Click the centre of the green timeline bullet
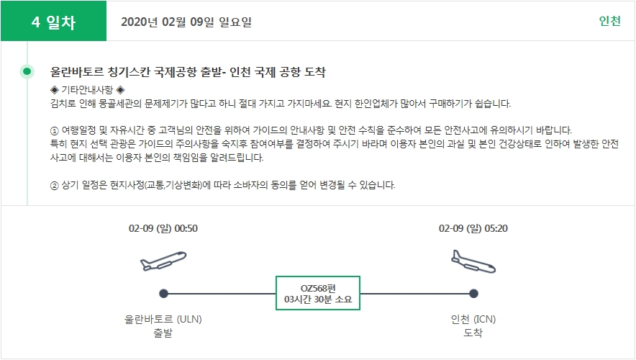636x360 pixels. [27, 72]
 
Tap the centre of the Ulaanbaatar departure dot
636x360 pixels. [163, 294]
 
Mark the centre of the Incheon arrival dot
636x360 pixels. [473, 294]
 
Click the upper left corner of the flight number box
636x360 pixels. [276, 276]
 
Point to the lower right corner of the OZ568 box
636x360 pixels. [360, 310]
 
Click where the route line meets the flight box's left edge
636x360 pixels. [276, 294]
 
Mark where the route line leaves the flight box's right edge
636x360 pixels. [360, 294]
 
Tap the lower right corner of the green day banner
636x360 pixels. [106, 40]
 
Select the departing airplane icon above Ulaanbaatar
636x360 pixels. [163, 261]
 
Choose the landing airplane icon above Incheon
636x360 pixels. [473, 262]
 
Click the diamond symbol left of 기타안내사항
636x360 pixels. [55, 90]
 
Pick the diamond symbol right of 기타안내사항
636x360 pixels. [120, 90]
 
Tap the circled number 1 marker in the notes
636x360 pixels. [55, 131]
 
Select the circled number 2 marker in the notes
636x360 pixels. [55, 186]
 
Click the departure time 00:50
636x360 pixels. [186, 228]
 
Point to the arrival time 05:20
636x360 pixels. [496, 228]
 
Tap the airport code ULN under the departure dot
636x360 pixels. [189, 320]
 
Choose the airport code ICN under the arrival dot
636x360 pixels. [484, 320]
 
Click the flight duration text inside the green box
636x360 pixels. [318, 300]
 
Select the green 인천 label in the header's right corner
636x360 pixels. [609, 21]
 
